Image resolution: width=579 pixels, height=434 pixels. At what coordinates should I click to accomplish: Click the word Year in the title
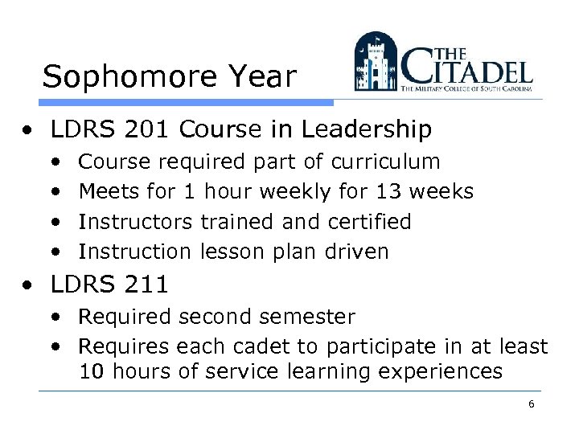pyautogui.click(x=265, y=77)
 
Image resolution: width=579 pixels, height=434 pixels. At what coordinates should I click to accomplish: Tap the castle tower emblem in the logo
pyautogui.click(x=376, y=62)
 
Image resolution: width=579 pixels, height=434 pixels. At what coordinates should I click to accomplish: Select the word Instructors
pyautogui.click(x=135, y=221)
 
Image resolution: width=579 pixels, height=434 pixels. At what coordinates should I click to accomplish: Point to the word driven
pyautogui.click(x=356, y=252)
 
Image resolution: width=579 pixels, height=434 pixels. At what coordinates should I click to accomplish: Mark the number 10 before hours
pyautogui.click(x=92, y=372)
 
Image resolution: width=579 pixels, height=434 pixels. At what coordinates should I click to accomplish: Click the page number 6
pyautogui.click(x=531, y=404)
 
